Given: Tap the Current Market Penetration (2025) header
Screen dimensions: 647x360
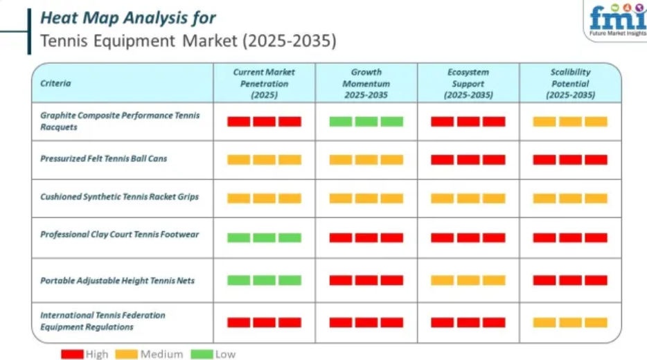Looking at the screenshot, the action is [264, 83].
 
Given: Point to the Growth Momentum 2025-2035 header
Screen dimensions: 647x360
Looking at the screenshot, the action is [366, 83].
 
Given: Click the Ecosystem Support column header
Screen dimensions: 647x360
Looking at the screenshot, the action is [468, 83].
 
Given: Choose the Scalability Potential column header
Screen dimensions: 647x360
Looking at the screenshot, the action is [571, 83].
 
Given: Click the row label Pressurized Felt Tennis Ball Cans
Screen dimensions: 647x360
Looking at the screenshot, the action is [104, 159].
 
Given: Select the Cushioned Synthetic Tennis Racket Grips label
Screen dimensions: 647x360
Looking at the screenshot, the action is [119, 197].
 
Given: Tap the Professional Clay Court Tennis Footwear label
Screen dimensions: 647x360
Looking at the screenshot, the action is [119, 235].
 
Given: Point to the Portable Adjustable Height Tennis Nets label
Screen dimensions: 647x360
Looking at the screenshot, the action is [117, 281].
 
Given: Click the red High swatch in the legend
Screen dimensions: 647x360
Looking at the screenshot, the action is [72, 354].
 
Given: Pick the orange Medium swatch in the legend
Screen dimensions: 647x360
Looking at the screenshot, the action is [126, 354].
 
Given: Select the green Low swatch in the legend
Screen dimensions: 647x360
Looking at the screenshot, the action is [202, 354].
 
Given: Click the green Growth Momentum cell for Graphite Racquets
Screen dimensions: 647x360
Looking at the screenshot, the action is [366, 122].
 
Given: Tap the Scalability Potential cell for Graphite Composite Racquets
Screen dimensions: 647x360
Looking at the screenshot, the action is [570, 122].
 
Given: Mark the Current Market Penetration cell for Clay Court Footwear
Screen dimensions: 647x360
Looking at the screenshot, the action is [264, 238].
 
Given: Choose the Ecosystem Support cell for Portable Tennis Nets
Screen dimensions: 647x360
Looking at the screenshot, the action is [468, 281].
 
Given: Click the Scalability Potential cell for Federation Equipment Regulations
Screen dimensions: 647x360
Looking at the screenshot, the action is [570, 323].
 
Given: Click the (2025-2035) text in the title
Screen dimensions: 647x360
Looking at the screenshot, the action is [290, 41].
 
